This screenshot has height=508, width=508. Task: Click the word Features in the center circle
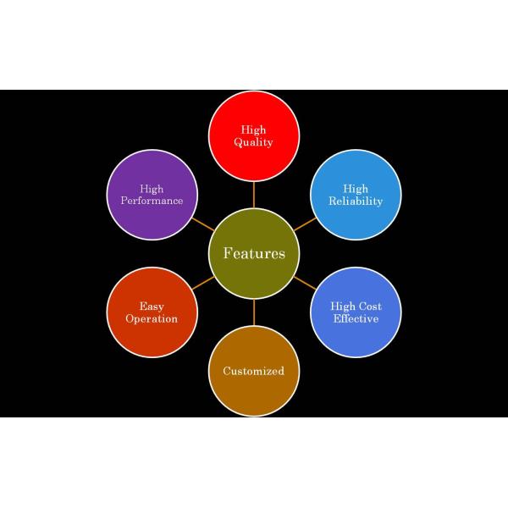pos(254,253)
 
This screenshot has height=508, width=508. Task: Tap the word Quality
pos(254,142)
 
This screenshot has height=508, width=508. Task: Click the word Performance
pos(152,201)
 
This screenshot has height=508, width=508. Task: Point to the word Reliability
pos(356,201)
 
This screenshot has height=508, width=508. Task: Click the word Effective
pos(356,319)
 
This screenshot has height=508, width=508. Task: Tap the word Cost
pos(367,306)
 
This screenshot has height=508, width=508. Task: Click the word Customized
pos(254,371)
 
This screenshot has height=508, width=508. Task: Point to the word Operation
pos(152,319)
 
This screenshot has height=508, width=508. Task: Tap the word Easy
pos(152,306)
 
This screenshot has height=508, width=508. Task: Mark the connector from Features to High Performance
pos(202,224)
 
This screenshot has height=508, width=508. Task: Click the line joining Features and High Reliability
pos(305,224)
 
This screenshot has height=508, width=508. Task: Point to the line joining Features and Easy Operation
pos(202,283)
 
